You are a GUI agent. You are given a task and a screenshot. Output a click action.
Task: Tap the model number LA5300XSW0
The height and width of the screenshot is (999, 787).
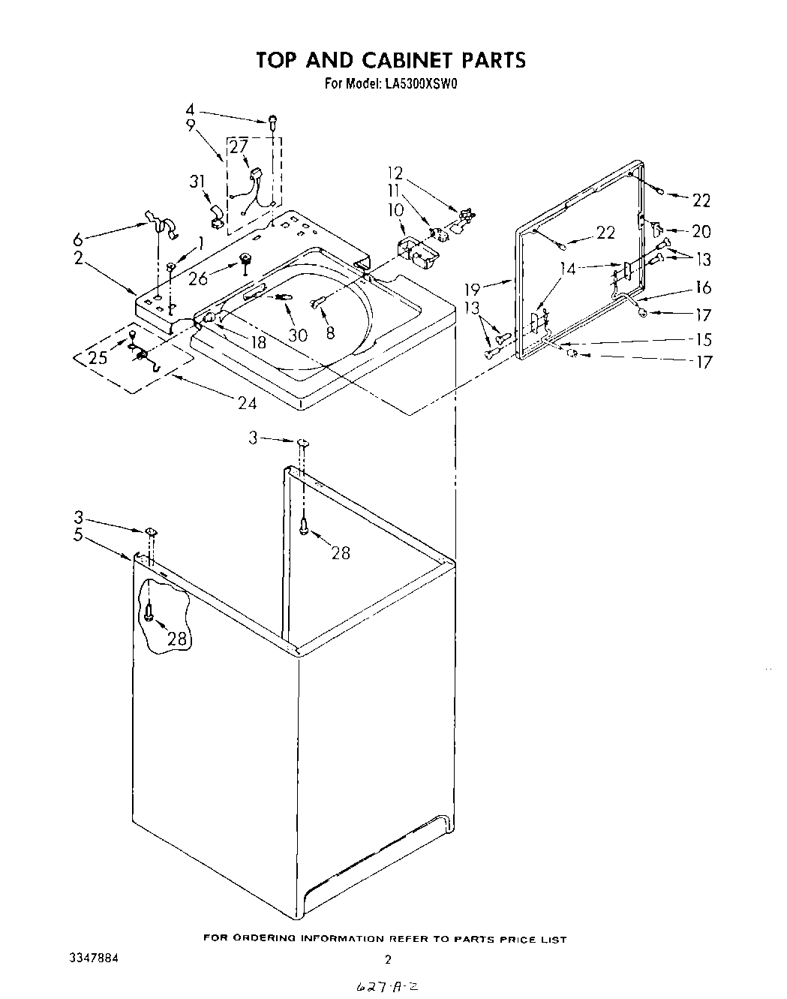pyautogui.click(x=421, y=84)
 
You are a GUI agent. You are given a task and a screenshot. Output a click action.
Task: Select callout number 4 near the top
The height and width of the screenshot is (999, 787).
pyautogui.click(x=190, y=109)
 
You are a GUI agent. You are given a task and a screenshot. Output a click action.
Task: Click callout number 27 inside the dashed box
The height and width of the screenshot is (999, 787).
pyautogui.click(x=239, y=148)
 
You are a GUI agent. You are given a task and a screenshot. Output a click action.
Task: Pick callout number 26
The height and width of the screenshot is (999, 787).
pyautogui.click(x=199, y=278)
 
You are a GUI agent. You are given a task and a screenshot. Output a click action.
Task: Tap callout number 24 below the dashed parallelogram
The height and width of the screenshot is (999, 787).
pyautogui.click(x=247, y=403)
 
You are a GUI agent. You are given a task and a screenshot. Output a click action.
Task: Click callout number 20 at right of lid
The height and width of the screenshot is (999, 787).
pyautogui.click(x=701, y=232)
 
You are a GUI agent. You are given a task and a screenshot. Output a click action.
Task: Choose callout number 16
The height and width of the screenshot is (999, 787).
pyautogui.click(x=703, y=287)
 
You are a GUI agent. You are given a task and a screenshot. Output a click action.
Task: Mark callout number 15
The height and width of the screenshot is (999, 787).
pyautogui.click(x=703, y=339)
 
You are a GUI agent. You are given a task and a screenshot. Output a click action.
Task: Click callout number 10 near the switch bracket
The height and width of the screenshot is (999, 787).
pyautogui.click(x=395, y=210)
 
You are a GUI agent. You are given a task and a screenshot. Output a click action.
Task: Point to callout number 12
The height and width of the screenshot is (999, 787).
pyautogui.click(x=395, y=173)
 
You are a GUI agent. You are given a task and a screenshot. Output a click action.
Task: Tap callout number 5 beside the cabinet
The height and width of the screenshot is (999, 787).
pyautogui.click(x=79, y=536)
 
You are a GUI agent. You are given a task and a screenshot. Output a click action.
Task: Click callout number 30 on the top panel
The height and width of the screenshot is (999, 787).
pyautogui.click(x=298, y=336)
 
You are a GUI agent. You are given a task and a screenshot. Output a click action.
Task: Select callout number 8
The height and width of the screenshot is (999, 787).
pyautogui.click(x=330, y=332)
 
